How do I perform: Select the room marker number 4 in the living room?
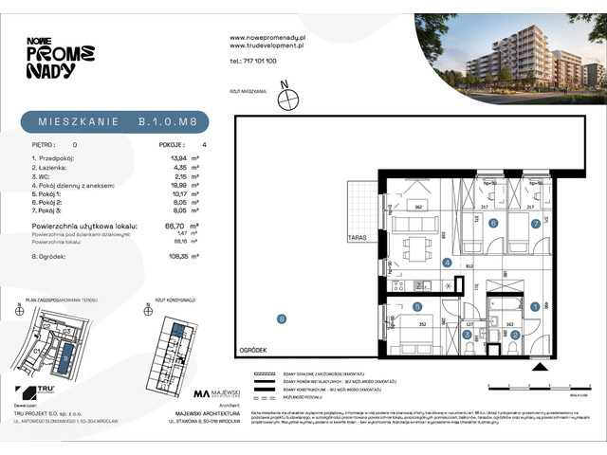[x=445, y=263]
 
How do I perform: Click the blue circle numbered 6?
[x=492, y=224]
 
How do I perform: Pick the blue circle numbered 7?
[x=536, y=224]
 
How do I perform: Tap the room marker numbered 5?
[x=416, y=306]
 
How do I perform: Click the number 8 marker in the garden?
[x=281, y=318]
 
